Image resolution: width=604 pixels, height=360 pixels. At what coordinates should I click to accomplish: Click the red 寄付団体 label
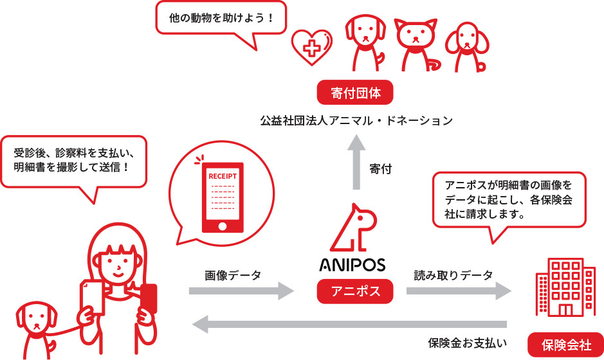click(x=356, y=93)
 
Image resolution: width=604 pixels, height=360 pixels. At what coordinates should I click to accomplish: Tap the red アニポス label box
click(x=356, y=291)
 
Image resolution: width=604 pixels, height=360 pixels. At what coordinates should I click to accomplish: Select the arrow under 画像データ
click(x=241, y=291)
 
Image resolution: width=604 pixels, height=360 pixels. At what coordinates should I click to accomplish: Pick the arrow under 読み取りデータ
click(x=459, y=291)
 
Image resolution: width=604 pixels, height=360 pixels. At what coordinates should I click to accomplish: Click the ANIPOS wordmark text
click(x=352, y=265)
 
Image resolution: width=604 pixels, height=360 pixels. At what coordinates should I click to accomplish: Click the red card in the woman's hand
click(x=149, y=298)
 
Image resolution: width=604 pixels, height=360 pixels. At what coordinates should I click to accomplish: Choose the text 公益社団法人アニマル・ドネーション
click(x=356, y=120)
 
